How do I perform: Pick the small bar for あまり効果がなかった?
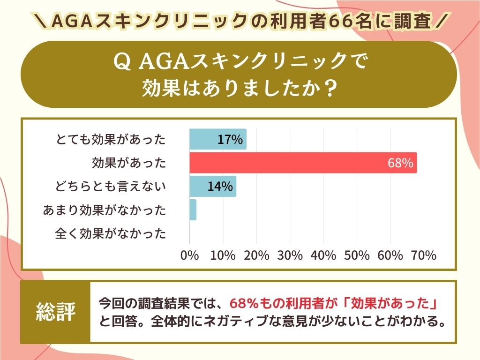tap(193, 210)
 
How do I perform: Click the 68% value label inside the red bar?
tap(400, 163)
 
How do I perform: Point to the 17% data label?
tap(230, 139)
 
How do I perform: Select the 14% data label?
tap(220, 186)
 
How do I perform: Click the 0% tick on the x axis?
tap(190, 255)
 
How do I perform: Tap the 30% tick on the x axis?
tap(290, 255)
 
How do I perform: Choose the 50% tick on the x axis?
tap(357, 255)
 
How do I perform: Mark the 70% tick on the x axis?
tap(424, 255)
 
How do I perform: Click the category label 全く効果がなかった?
tap(111, 233)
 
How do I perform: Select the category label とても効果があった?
tap(111, 139)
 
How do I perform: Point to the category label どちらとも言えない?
tap(111, 186)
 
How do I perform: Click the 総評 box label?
tap(56, 312)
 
